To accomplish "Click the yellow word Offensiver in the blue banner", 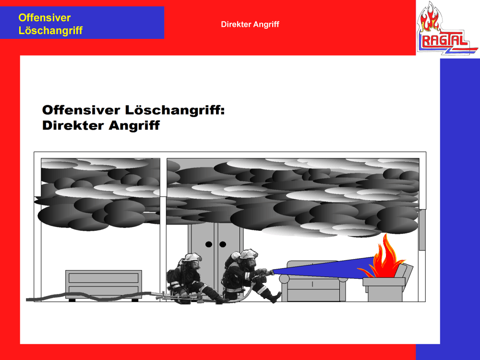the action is (44, 18).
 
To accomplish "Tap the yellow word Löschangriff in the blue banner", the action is (50, 31).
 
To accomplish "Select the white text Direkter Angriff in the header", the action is (250, 24).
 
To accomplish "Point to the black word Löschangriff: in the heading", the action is (175, 110).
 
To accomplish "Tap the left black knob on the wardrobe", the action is (209, 244).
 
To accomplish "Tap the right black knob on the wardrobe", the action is (223, 244).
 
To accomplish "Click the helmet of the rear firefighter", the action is (192, 257).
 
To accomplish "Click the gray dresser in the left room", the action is (104, 285).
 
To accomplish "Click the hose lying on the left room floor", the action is (89, 296).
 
